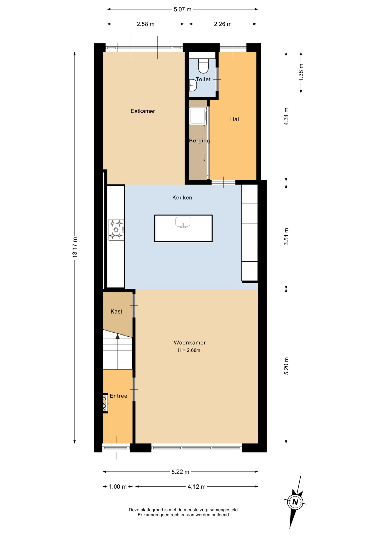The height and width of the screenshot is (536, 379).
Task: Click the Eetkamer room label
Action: (x=143, y=111)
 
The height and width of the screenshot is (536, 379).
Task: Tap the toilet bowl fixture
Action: (x=203, y=66)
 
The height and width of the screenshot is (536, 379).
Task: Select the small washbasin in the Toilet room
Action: (x=193, y=85)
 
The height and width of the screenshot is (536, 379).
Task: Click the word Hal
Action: (x=234, y=119)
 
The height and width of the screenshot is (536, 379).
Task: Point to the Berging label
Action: (x=199, y=141)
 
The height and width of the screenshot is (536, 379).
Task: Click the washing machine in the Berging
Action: (x=198, y=116)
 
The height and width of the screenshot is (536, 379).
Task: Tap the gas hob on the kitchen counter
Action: (x=116, y=230)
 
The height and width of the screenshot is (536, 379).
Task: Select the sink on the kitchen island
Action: (x=183, y=222)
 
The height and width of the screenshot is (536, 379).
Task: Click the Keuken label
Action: (x=182, y=198)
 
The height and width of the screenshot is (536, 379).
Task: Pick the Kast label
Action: (x=116, y=312)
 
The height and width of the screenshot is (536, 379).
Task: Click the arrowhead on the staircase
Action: (x=117, y=336)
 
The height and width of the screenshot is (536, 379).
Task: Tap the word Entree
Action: (x=118, y=396)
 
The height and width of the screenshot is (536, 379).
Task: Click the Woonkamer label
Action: (x=190, y=343)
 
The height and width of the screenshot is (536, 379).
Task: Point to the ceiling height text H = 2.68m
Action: (x=189, y=350)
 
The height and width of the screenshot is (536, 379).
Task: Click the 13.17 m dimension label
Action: (x=75, y=247)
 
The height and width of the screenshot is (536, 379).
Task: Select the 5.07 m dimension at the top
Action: (x=183, y=9)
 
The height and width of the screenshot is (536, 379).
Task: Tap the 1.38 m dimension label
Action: (x=301, y=72)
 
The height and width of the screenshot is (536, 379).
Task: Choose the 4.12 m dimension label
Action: (x=196, y=487)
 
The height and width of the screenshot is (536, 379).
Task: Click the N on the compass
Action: (x=295, y=502)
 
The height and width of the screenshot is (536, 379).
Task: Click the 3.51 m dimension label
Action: (x=286, y=237)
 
